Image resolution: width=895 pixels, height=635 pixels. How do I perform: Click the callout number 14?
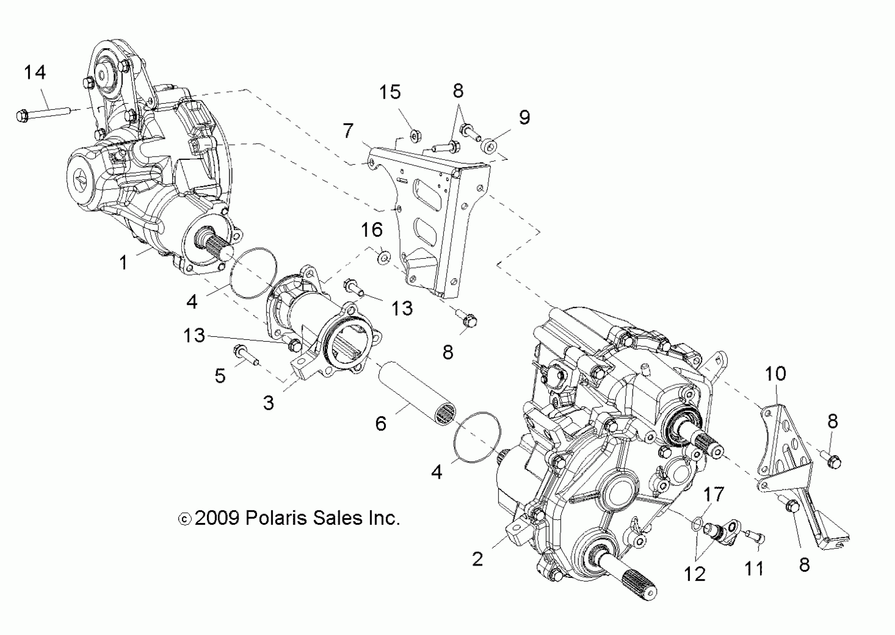(x=35, y=73)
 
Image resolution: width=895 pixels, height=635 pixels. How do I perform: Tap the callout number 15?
(x=390, y=92)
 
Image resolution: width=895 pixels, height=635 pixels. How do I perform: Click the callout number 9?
(x=524, y=117)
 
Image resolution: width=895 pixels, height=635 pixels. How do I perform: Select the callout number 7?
(x=348, y=130)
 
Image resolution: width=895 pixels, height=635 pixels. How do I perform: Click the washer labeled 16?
(x=384, y=258)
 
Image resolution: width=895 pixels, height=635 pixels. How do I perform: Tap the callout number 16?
(x=371, y=230)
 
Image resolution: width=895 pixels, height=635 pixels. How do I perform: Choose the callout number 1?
(x=124, y=262)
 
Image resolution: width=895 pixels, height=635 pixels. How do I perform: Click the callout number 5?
(x=220, y=376)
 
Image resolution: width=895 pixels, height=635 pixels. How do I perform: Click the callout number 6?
(x=380, y=424)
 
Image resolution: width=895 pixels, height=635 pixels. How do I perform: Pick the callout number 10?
(x=775, y=374)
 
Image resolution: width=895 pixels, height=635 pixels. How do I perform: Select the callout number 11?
(x=754, y=569)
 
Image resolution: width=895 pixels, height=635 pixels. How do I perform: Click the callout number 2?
(x=477, y=559)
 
